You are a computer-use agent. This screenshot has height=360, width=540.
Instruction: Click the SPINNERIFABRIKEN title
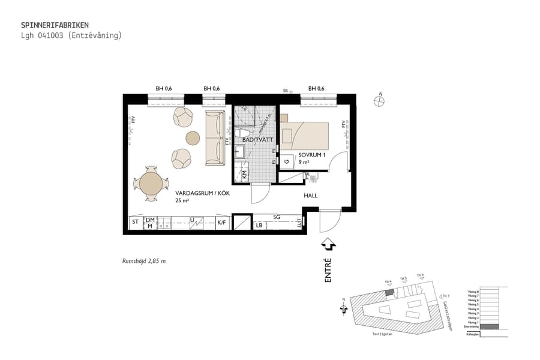point(55,25)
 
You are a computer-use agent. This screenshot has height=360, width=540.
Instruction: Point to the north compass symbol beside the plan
point(379,101)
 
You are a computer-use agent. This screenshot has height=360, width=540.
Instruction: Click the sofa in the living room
point(214,137)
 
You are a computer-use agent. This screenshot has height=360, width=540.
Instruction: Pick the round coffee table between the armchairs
point(193,138)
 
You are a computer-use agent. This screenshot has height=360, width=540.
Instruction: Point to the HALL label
point(310,196)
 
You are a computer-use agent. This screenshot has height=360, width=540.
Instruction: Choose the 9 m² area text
point(305,161)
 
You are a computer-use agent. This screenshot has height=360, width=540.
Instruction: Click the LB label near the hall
point(259,226)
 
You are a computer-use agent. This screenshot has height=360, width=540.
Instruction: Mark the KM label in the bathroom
point(245,175)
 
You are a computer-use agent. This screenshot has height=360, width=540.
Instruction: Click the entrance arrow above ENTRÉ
point(328,244)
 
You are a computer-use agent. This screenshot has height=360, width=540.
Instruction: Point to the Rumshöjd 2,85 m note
point(143,261)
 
